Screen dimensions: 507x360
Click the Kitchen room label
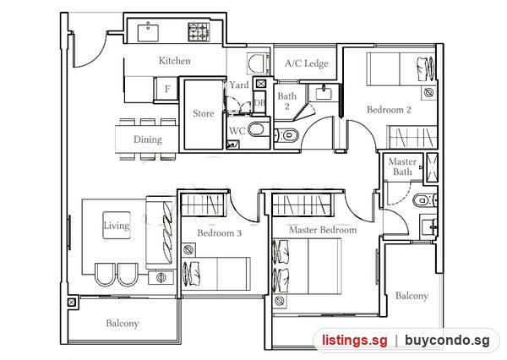pos(174,61)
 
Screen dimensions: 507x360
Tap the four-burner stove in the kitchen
pos(199,32)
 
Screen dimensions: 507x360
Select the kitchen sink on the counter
pos(148,33)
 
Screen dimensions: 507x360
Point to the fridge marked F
pos(167,89)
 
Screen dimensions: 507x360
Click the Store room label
pos(203,113)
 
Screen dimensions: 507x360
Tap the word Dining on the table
pos(147,139)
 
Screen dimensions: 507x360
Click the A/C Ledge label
pos(307,63)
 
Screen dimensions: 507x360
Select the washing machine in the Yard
pos(258,63)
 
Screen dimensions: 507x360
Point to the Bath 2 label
pos(286,101)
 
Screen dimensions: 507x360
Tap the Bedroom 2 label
pos(389,110)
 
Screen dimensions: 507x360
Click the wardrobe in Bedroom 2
pos(412,137)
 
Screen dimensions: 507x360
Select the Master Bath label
pos(402,166)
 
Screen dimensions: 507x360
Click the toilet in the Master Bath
pos(424,200)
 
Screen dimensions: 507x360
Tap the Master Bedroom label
pos(323,230)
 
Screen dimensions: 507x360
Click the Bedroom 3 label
pos(219,233)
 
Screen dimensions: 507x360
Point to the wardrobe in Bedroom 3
pos(203,205)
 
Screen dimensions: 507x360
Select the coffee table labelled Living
pos(117,226)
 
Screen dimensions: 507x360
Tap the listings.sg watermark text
pos(354,341)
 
